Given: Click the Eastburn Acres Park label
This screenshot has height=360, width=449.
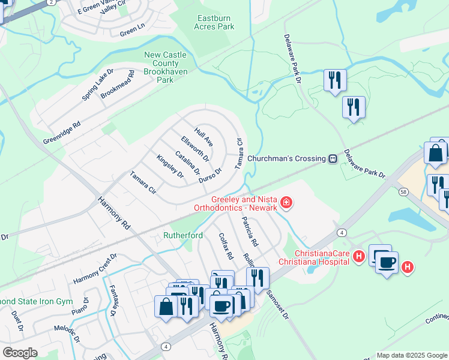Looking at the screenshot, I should (214, 22).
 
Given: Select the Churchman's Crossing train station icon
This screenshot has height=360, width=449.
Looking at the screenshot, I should (332, 158).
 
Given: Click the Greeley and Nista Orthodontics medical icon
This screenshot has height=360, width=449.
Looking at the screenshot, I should (286, 203).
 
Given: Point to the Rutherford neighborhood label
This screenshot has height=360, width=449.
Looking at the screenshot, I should (183, 236).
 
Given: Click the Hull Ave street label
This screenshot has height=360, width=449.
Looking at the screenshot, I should (203, 137).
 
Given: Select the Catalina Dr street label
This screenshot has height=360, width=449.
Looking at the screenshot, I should (187, 162).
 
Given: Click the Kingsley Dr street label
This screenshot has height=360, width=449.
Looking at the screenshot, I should (170, 166).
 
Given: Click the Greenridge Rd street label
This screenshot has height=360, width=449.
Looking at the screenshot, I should (61, 133).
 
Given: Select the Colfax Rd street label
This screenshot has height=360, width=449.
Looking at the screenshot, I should (226, 246).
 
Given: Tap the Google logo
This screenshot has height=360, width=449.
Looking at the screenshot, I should (20, 353).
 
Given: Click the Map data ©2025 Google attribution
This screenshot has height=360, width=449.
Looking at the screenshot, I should (412, 355).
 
